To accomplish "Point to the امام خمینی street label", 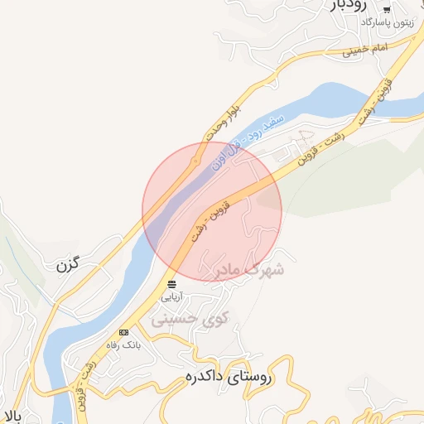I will [x=365, y=51].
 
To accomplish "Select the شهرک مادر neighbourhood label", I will [x=249, y=270].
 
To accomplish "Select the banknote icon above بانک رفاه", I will [x=123, y=332].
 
